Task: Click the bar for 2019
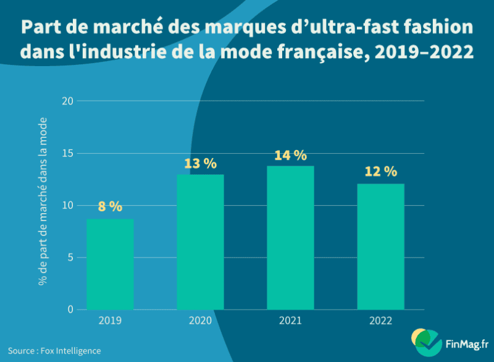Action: [110, 264]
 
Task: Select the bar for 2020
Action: [200, 242]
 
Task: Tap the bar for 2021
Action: [290, 238]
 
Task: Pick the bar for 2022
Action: [380, 246]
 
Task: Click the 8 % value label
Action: [110, 207]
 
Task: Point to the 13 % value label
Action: [200, 164]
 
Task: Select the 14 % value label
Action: [290, 156]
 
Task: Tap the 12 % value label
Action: [380, 172]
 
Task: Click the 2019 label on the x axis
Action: [110, 321]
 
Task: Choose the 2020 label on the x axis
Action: [200, 321]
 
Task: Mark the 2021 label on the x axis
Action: [290, 321]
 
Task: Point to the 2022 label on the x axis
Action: [380, 321]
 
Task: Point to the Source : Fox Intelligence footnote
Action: [54, 350]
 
